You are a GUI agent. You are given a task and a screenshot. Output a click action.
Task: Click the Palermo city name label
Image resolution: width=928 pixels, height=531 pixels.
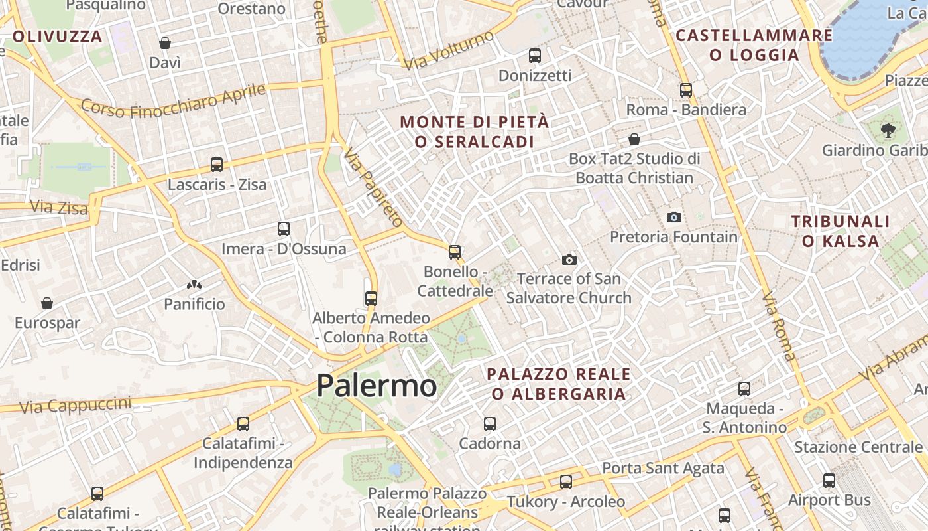(377, 386)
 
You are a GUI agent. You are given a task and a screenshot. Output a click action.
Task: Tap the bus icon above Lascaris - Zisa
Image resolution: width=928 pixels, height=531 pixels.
(217, 165)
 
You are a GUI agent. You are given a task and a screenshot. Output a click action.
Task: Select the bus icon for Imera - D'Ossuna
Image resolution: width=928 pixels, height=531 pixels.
(284, 229)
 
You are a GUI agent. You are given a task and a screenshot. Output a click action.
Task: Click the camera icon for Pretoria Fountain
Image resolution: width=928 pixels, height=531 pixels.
(673, 217)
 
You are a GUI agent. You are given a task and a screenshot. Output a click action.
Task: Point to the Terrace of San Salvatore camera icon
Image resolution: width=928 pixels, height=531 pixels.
(569, 260)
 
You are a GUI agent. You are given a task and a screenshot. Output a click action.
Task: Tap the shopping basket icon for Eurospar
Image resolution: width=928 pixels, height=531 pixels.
(47, 303)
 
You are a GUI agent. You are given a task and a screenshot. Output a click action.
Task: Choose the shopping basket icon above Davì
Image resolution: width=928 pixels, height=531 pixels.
(165, 43)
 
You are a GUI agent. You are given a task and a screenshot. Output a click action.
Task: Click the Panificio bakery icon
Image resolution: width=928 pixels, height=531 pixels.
(194, 285)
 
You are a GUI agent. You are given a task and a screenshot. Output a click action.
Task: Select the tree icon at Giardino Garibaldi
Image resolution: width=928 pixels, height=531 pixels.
(888, 131)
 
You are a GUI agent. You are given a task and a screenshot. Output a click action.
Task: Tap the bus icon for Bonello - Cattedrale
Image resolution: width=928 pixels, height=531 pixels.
(455, 252)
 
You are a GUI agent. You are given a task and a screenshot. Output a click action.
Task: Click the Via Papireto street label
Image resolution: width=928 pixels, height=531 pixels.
(373, 187)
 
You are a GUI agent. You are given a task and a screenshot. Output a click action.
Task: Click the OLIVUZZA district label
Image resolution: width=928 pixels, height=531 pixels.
(58, 37)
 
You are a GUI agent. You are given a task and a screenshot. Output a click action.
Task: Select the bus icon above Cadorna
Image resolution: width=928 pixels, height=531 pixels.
(490, 423)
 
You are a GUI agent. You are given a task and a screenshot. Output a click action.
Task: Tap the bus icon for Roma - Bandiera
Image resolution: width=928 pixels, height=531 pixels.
(686, 90)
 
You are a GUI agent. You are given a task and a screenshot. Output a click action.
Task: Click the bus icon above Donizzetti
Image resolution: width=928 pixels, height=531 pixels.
(535, 56)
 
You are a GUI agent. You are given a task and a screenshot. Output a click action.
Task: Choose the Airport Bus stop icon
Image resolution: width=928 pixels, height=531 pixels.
(829, 481)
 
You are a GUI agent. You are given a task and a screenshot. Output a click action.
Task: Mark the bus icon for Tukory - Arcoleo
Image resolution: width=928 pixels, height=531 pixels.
(566, 482)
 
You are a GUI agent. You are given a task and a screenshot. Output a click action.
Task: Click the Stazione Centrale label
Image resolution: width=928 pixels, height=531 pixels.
(858, 447)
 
